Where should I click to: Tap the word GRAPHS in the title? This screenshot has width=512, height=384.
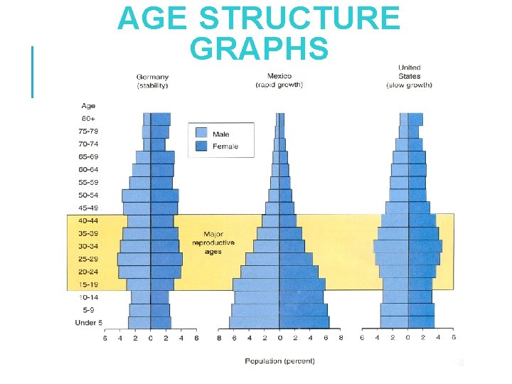[260, 48]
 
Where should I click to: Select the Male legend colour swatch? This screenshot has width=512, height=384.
[201, 133]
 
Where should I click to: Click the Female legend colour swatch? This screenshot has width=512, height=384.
[201, 146]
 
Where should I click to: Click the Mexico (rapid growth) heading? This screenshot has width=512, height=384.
[279, 80]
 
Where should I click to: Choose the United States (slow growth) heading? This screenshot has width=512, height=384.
[409, 77]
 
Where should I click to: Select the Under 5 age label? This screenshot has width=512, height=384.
[89, 323]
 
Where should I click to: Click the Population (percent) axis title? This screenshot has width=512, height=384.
[279, 361]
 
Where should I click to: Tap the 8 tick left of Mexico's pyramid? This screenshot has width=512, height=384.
[219, 338]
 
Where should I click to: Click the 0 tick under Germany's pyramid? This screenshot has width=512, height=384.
[151, 338]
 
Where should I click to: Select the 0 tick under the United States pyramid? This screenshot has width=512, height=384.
[408, 338]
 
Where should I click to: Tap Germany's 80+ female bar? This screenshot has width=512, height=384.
[160, 118]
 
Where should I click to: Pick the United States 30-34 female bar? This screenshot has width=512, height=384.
[425, 246]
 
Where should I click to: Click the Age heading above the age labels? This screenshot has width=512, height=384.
[88, 106]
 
